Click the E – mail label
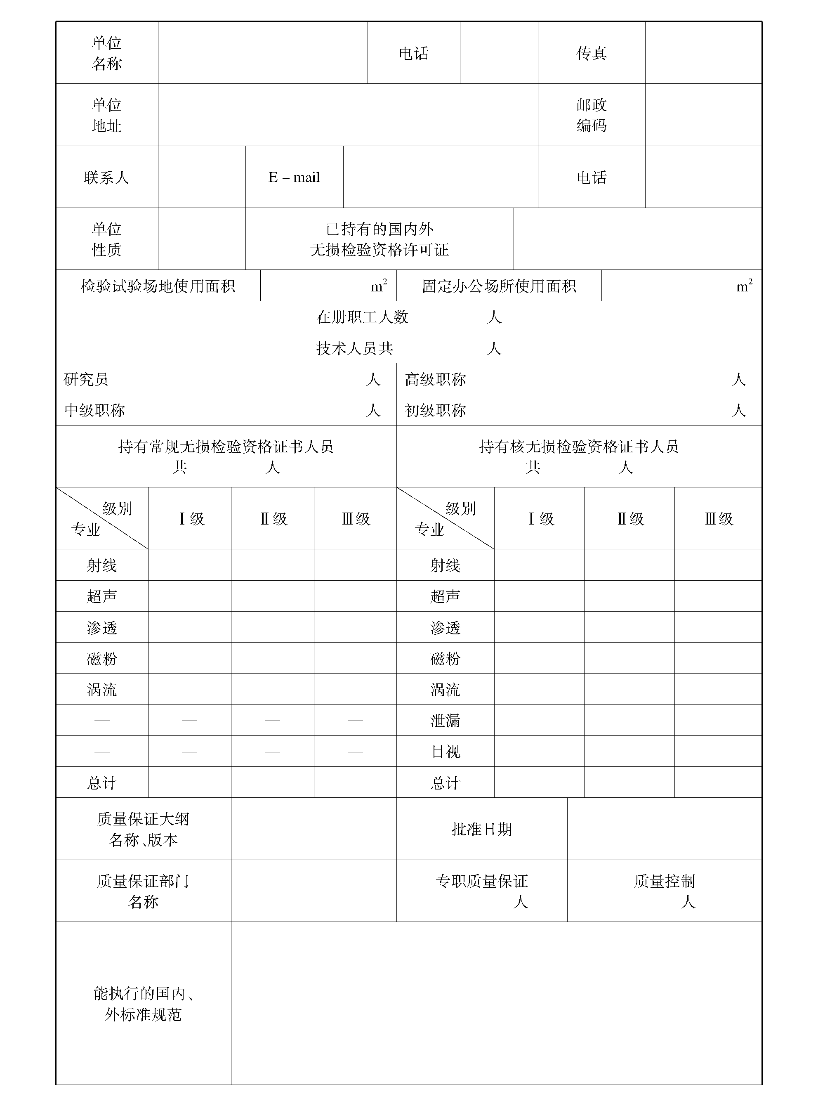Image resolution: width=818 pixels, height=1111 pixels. pyautogui.click(x=294, y=177)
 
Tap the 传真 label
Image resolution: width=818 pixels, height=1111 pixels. pyautogui.click(x=591, y=53)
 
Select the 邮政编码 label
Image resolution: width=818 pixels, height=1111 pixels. pyautogui.click(x=591, y=115)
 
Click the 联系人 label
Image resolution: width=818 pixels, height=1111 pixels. pyautogui.click(x=106, y=177)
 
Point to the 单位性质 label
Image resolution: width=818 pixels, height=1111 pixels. pyautogui.click(x=106, y=239)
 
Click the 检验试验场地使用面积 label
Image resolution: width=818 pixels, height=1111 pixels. pyautogui.click(x=158, y=286)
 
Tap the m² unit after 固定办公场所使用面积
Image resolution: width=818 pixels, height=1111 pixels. pyautogui.click(x=744, y=286)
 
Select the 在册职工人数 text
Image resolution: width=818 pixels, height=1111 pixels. pyautogui.click(x=362, y=317)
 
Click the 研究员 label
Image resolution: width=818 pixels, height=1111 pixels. pyautogui.click(x=86, y=379)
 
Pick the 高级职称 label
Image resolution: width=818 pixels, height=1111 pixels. pyautogui.click(x=435, y=379)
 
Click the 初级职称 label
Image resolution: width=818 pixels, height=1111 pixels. pyautogui.click(x=435, y=410)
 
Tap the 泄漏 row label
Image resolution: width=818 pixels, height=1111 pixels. pyautogui.click(x=445, y=720)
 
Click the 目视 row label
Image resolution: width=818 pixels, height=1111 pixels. pyautogui.click(x=446, y=752)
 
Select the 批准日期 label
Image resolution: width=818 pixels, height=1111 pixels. pyautogui.click(x=481, y=829)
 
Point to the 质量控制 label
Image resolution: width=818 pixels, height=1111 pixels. pyautogui.click(x=664, y=881)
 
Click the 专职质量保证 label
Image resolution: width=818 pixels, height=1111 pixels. pyautogui.click(x=481, y=881)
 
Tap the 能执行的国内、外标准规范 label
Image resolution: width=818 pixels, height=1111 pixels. pyautogui.click(x=143, y=1004)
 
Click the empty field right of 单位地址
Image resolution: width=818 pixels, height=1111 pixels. pyautogui.click(x=348, y=115)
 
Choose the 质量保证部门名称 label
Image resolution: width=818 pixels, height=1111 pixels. pyautogui.click(x=143, y=891)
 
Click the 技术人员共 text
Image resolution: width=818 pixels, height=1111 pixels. pyautogui.click(x=354, y=348)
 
